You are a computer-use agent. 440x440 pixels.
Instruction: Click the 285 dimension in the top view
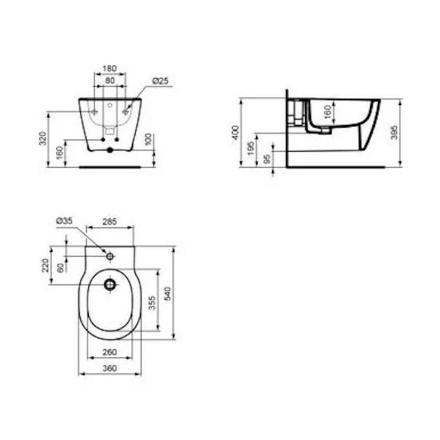pos(109,221)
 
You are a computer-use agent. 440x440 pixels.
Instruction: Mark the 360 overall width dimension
pos(109,369)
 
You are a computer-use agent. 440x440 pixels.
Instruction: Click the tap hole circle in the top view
pos(109,256)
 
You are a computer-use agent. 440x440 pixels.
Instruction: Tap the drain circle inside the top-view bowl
pos(109,284)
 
